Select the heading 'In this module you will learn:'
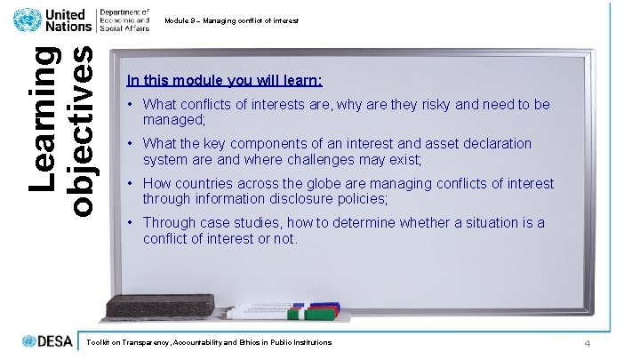pyautogui.click(x=224, y=80)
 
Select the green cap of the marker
pyautogui.click(x=299, y=313)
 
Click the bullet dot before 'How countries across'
pyautogui.click(x=131, y=184)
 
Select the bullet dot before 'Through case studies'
pyautogui.click(x=131, y=223)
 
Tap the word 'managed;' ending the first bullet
pyautogui.click(x=174, y=119)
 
